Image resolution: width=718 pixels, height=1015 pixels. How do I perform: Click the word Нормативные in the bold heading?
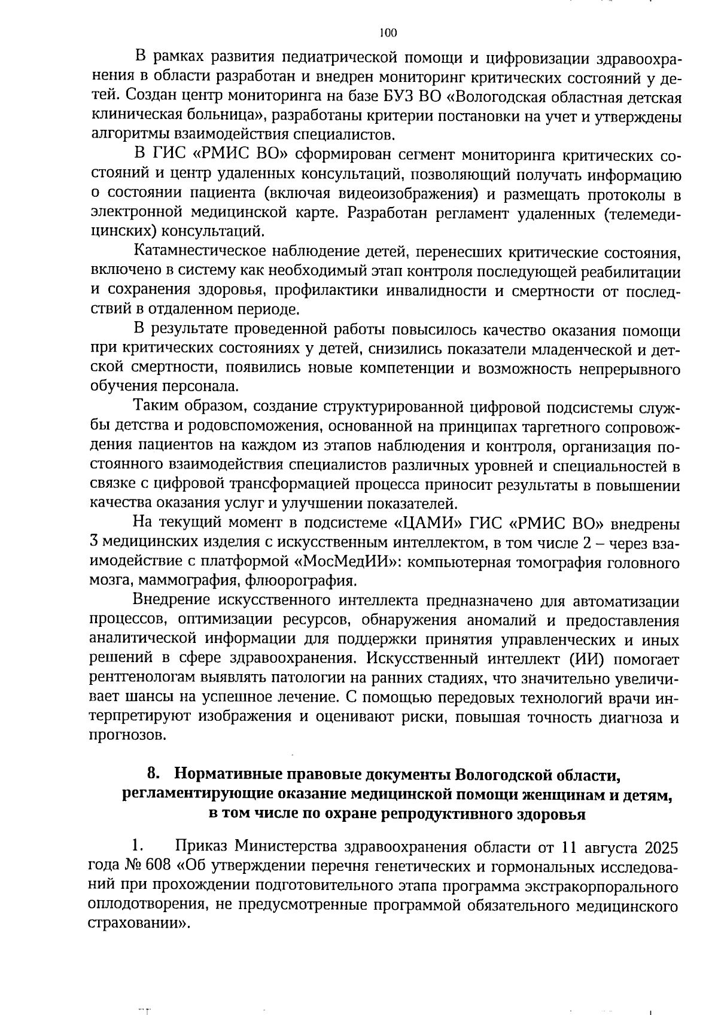[x=229, y=773]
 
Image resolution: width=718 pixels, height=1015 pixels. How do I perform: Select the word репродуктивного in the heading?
[x=449, y=813]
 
